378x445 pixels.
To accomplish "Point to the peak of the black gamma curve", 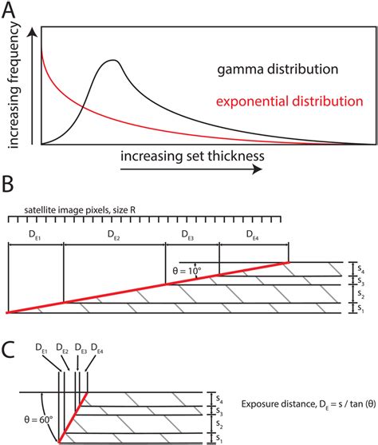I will (114, 61).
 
